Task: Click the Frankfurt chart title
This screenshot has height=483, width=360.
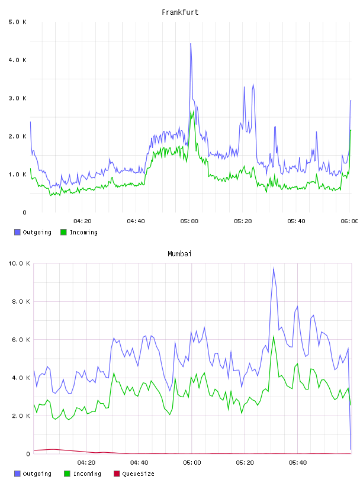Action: [180, 12]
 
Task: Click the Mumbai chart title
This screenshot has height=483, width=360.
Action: [179, 254]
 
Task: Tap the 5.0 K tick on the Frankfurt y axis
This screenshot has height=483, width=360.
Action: [18, 22]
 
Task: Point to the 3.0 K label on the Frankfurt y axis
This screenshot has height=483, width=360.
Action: [18, 98]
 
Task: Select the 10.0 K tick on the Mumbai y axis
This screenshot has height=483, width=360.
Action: [19, 263]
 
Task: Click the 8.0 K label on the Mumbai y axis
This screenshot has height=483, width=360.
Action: [21, 301]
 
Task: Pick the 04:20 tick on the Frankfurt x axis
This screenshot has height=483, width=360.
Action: [82, 221]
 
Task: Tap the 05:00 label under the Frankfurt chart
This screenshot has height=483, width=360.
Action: [189, 221]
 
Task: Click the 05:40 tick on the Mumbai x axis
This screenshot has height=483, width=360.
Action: [298, 463]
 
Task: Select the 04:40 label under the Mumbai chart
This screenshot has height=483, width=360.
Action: [139, 463]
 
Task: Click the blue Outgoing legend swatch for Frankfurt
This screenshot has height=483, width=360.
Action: [17, 232]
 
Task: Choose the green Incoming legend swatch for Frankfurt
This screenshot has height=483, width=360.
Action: [63, 232]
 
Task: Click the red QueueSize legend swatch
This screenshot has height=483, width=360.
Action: [117, 474]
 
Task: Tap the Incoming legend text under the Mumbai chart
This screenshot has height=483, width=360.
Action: [87, 474]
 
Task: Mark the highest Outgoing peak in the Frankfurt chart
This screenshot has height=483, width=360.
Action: [191, 44]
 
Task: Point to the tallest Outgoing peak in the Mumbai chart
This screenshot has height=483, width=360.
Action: [274, 268]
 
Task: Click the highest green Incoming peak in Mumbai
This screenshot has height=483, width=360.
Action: [274, 337]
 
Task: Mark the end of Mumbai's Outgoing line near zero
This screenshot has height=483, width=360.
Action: [351, 449]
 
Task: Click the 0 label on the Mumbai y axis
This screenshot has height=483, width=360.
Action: [28, 454]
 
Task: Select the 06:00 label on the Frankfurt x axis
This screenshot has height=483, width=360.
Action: [349, 221]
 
